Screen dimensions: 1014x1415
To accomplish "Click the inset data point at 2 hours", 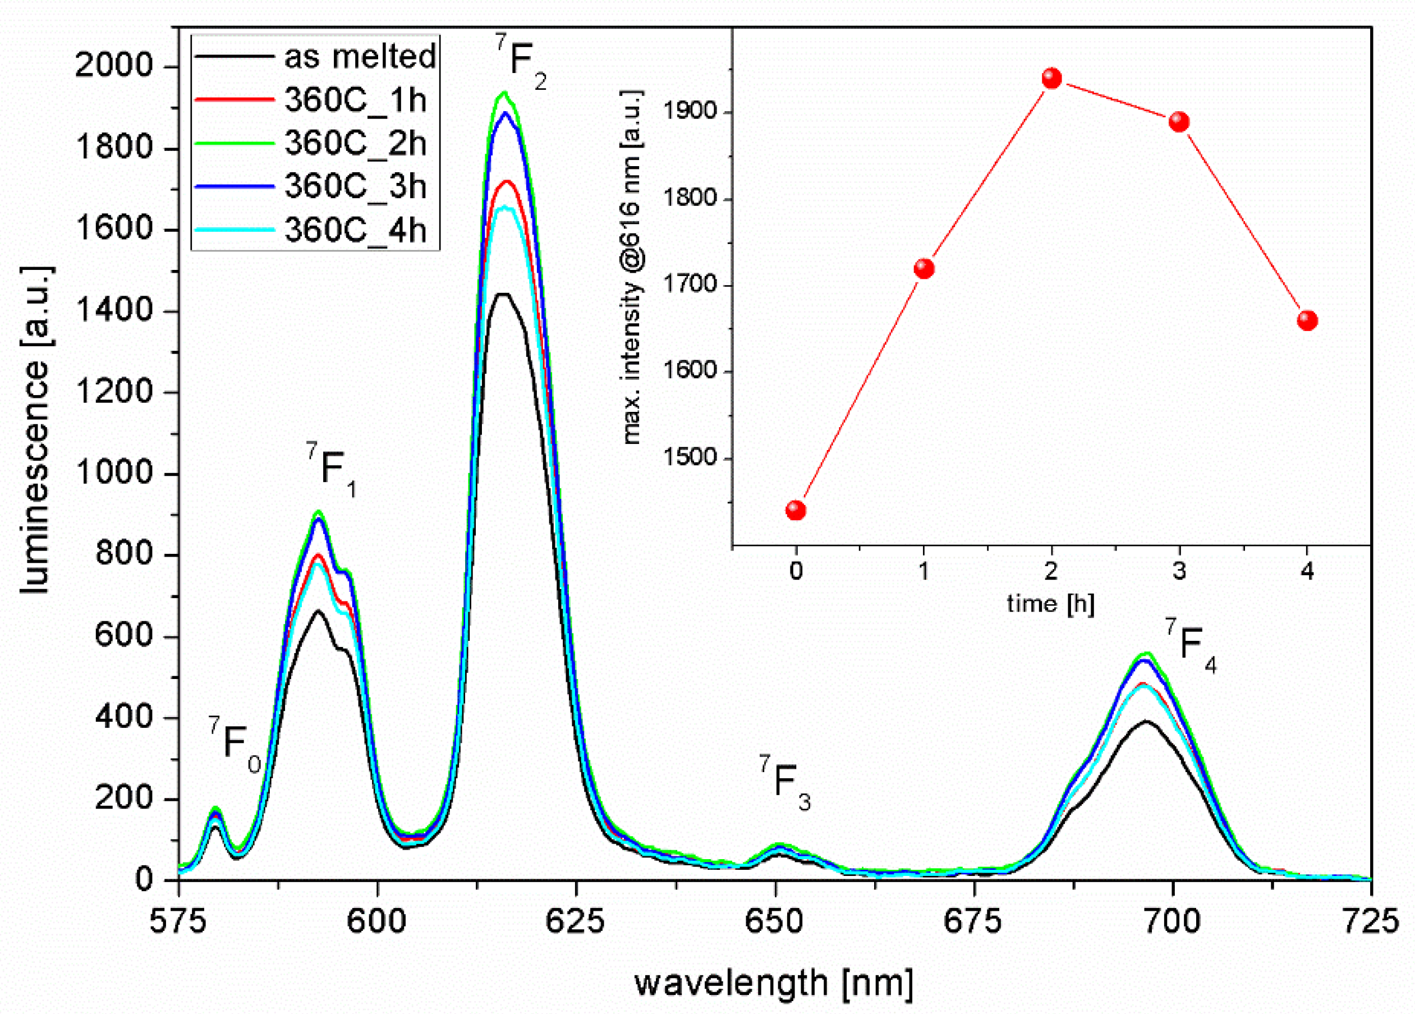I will point(1052,79).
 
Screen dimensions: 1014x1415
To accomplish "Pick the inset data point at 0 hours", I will point(796,510).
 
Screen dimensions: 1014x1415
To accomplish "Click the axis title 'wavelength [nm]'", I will point(774,983).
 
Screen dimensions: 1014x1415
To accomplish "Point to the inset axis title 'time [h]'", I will point(1051,603).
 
